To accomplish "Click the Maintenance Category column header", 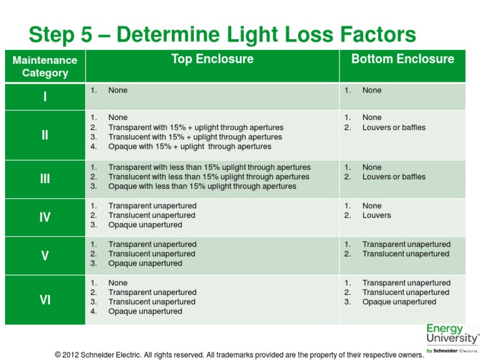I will (x=45, y=67).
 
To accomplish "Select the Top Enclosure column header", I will (x=212, y=59).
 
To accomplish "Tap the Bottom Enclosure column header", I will (x=402, y=59).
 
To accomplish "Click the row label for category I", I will (x=45, y=97).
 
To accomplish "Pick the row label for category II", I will (x=45, y=135).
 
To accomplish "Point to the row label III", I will (x=45, y=179).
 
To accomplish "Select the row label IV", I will (x=45, y=217).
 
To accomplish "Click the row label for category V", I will (x=45, y=256).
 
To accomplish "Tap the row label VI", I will (x=45, y=300).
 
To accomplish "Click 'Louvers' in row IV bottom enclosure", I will (x=376, y=216).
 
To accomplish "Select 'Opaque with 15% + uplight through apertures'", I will (x=189, y=147).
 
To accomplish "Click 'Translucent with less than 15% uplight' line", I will (x=209, y=177).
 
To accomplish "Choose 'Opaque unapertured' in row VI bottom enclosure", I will (x=399, y=302).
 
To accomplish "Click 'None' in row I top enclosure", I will (x=117, y=91).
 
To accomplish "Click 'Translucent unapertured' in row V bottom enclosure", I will (x=406, y=254).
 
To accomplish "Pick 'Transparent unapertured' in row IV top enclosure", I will (x=152, y=206).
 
